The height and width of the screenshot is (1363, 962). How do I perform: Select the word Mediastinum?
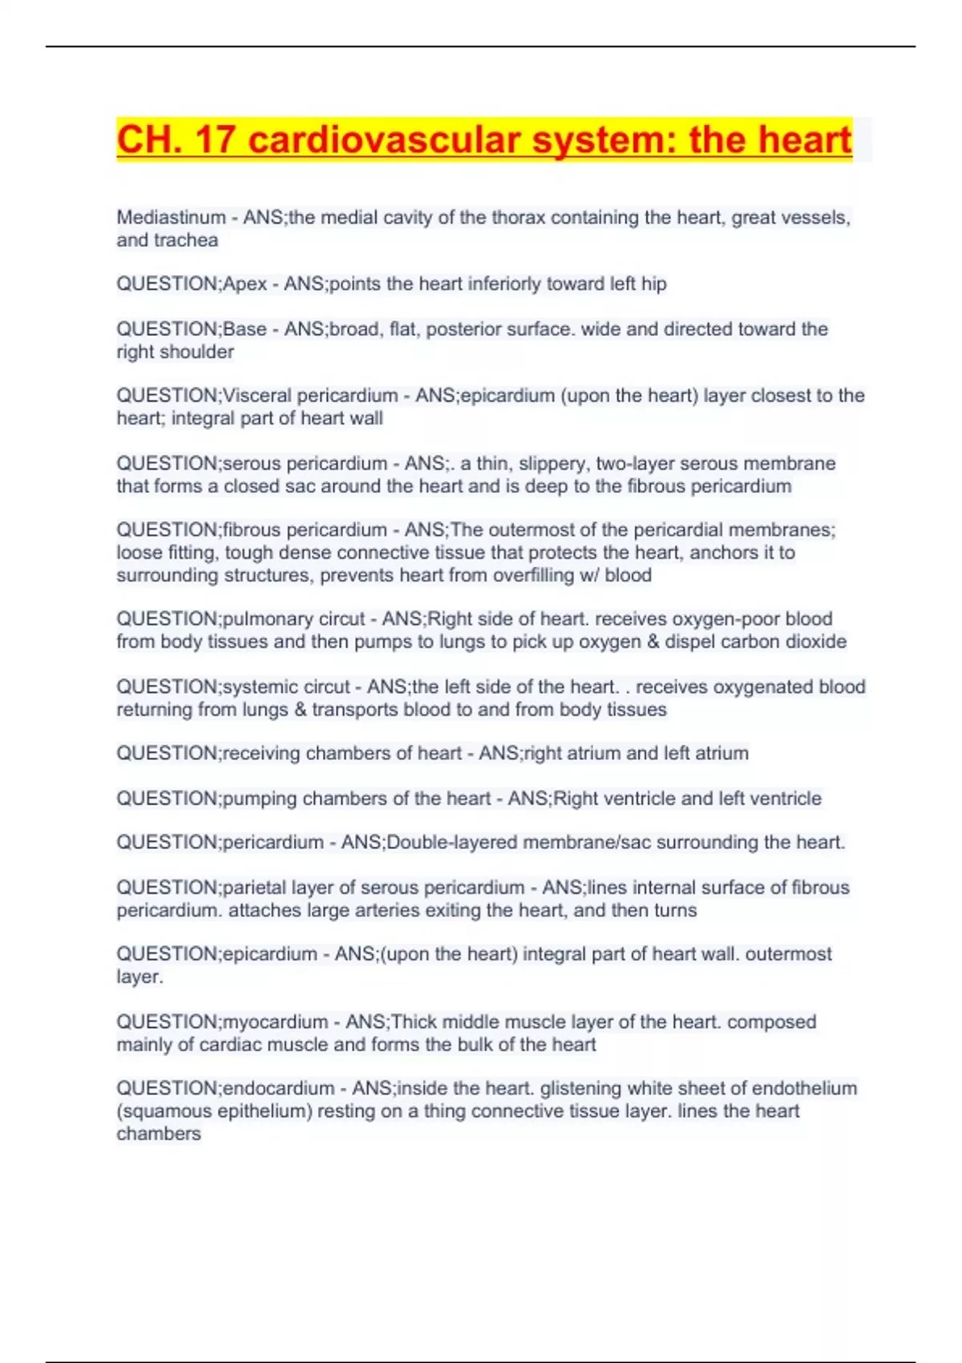click(x=171, y=217)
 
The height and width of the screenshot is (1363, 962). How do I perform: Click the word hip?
click(x=653, y=284)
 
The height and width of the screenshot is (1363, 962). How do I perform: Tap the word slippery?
click(x=551, y=463)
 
